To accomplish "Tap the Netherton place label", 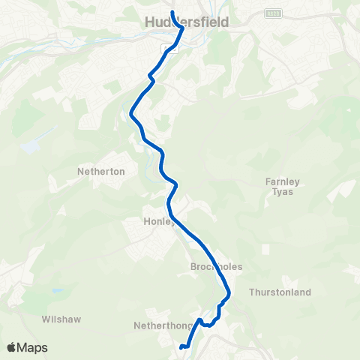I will pyautogui.click(x=100, y=171).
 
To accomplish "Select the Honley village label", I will pyautogui.click(x=158, y=222).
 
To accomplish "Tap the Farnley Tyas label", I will pyautogui.click(x=280, y=186).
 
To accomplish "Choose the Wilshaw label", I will pyautogui.click(x=61, y=319).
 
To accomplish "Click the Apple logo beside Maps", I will pyautogui.click(x=12, y=347).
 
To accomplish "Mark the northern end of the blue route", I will pyautogui.click(x=172, y=13).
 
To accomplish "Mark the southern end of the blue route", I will pyautogui.click(x=182, y=346).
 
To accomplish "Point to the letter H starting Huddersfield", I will pyautogui.click(x=147, y=22).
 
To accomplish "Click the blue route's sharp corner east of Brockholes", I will pyautogui.click(x=229, y=292).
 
